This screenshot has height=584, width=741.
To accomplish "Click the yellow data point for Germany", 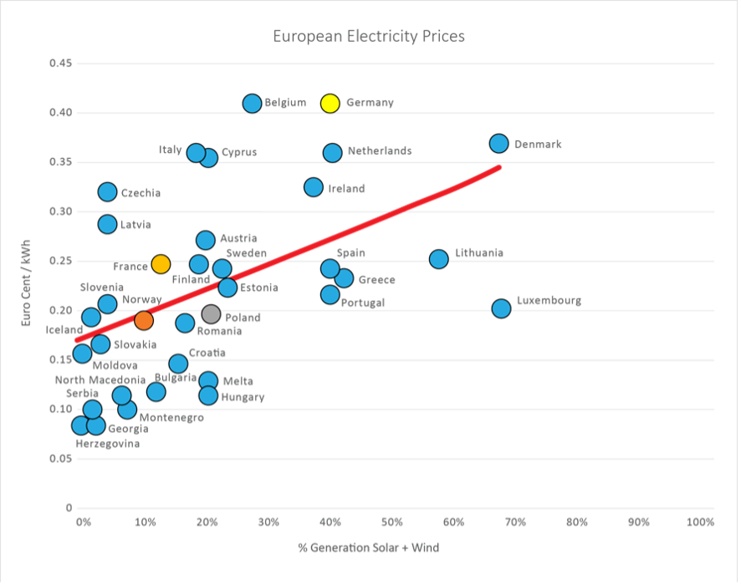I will tap(330, 103).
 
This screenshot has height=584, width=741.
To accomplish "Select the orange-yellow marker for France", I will tap(161, 264).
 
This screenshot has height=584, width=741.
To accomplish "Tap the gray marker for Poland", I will tap(211, 314).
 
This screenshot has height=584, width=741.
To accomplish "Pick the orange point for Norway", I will tap(144, 320).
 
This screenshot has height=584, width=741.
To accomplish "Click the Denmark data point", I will tap(499, 144).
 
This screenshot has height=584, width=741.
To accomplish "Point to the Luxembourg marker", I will tap(501, 308).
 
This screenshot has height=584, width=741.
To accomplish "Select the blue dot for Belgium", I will tap(253, 104).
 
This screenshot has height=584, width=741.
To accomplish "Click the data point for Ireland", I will tap(314, 187).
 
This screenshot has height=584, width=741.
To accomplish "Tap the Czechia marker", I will tap(108, 192).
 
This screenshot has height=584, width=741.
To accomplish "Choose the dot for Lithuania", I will tap(439, 259).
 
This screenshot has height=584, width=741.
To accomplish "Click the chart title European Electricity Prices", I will tap(369, 37).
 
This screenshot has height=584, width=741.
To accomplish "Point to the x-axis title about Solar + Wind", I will tap(369, 548).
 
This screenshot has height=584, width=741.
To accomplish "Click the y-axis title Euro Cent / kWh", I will tap(31, 284).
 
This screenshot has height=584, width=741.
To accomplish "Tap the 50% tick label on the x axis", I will tap(391, 523).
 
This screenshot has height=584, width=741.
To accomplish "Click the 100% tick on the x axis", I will tap(699, 523).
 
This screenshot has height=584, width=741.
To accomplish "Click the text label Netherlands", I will tap(380, 151).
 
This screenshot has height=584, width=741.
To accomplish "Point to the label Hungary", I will tap(243, 398).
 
